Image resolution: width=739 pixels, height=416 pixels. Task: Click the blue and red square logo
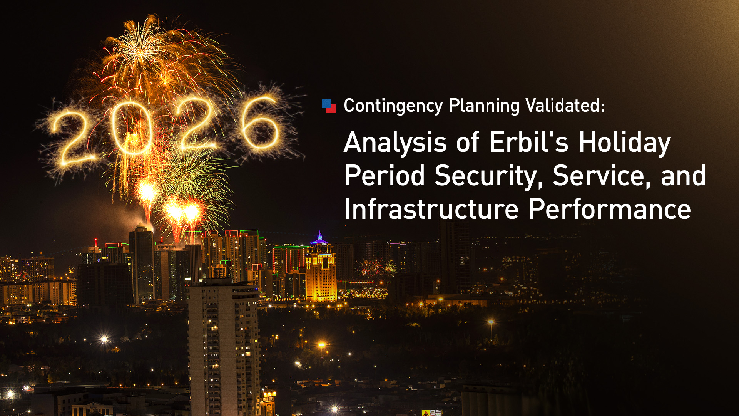pyautogui.click(x=329, y=106)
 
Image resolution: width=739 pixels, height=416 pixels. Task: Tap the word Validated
pyautogui.click(x=565, y=106)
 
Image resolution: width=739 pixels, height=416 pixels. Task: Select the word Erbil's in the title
pyautogui.click(x=528, y=142)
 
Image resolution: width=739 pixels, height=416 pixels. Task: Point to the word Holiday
pyautogui.click(x=624, y=143)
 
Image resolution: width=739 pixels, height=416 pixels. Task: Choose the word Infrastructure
pyautogui.click(x=431, y=209)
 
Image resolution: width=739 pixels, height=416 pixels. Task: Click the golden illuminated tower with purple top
pyautogui.click(x=321, y=273)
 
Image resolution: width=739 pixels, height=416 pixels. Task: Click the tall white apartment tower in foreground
pyautogui.click(x=223, y=347)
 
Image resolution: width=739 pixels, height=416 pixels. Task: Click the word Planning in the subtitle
pyautogui.click(x=484, y=106)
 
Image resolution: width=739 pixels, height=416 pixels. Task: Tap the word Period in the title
pyautogui.click(x=384, y=176)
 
